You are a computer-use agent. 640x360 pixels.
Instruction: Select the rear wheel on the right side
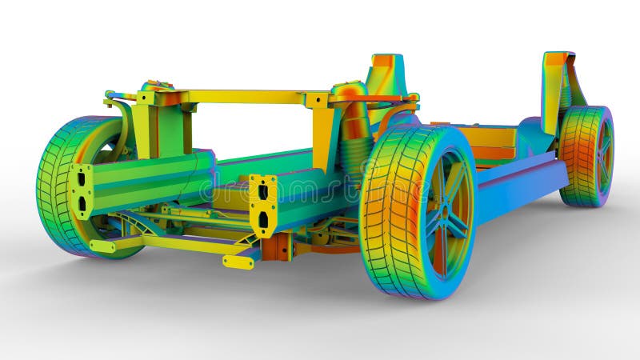tap(586, 156)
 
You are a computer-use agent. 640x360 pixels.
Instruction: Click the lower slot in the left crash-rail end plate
tap(82, 203)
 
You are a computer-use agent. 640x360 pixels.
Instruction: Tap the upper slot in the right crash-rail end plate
tap(263, 192)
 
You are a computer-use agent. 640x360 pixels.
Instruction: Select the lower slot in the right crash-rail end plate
tap(263, 218)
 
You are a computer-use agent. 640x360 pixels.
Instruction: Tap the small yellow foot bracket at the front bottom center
tap(238, 261)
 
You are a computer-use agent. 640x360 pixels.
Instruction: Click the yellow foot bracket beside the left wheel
tap(102, 246)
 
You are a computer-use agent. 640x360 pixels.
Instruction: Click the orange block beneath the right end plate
tap(276, 246)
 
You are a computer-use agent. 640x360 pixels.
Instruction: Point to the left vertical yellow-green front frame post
tap(146, 128)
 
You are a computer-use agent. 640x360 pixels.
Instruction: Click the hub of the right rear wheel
tap(602, 155)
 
